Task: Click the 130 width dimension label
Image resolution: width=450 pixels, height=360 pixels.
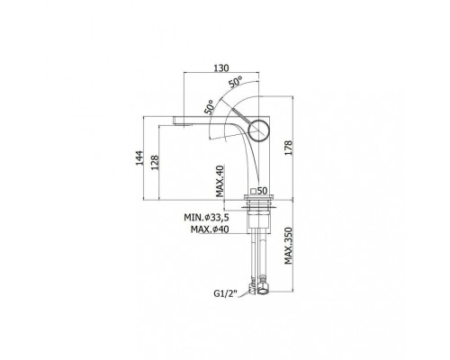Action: [221, 68]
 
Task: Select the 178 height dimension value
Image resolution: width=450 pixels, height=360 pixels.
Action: [288, 148]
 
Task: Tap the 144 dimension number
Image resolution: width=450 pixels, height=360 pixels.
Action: [139, 157]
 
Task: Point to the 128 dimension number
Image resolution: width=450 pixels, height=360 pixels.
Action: [155, 162]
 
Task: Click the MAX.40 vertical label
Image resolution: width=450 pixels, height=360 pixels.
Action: [220, 181]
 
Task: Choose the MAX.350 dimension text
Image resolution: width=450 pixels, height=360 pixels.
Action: [288, 246]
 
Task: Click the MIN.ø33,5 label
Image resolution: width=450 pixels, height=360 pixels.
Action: [206, 217]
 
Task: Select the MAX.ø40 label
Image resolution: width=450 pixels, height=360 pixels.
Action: [210, 229]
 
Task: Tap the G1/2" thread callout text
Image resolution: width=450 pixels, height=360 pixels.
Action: [225, 293]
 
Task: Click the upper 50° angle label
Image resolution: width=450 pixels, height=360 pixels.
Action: [236, 82]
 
